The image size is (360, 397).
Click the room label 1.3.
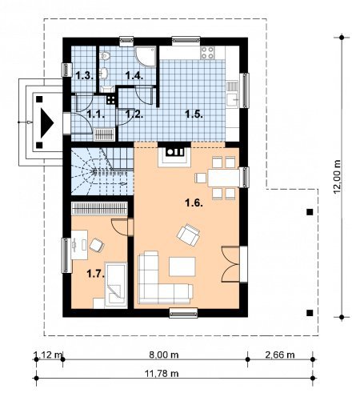pyautogui.click(x=84, y=76)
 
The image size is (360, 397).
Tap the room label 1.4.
pyautogui.click(x=134, y=76)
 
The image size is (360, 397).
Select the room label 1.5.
pyautogui.click(x=194, y=114)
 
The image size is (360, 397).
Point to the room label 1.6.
pyautogui.click(x=194, y=203)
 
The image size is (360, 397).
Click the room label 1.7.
pyautogui.click(x=95, y=274)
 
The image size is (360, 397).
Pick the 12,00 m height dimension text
pyautogui.click(x=338, y=176)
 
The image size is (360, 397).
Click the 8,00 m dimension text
pyautogui.click(x=164, y=355)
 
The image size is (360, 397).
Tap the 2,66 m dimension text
pyautogui.click(x=280, y=355)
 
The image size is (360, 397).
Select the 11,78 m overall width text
pyautogui.click(x=162, y=373)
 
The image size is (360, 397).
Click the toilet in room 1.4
pyautogui.click(x=105, y=56)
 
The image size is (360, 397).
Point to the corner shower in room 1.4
pyautogui.click(x=146, y=56)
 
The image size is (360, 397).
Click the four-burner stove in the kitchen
pyautogui.click(x=207, y=53)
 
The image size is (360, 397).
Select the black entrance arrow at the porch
pyautogui.click(x=46, y=122)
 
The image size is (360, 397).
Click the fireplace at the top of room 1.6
pyautogui.click(x=174, y=154)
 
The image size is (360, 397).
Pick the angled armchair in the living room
pyautogui.click(x=189, y=235)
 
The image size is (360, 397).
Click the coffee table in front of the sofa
pyautogui.click(x=182, y=267)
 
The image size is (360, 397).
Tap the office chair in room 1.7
pyautogui.click(x=97, y=246)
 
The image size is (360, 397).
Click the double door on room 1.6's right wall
pyautogui.click(x=231, y=264)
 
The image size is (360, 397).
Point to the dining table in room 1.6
pyautogui.click(x=223, y=178)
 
